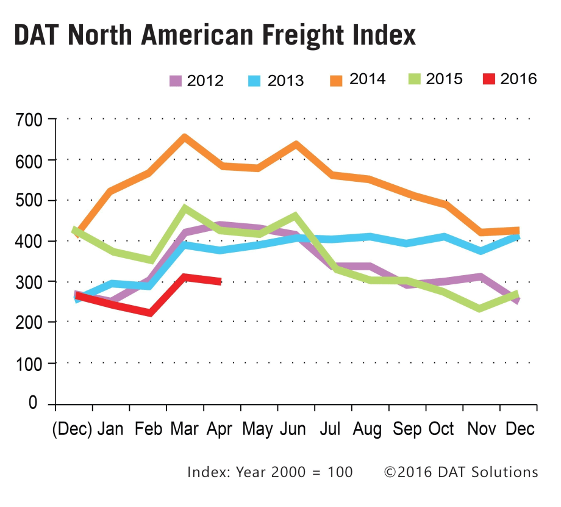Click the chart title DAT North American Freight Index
[x=215, y=35]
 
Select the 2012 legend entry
[x=196, y=81]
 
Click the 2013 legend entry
[x=276, y=81]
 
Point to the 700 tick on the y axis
[x=29, y=120]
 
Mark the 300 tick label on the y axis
[x=29, y=282]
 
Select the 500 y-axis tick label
[x=29, y=201]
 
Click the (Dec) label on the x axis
[x=71, y=429]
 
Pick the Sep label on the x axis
[x=407, y=429]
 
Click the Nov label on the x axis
[x=481, y=429]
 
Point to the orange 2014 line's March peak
[x=184, y=137]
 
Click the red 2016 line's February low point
[x=148, y=313]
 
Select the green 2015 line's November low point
[x=481, y=308]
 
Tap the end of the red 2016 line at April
[x=219, y=281]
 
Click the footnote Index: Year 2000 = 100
[x=270, y=472]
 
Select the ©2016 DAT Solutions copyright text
[x=460, y=472]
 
